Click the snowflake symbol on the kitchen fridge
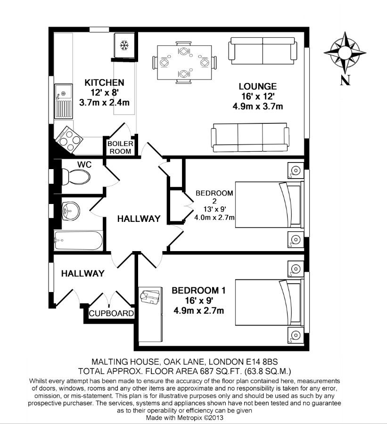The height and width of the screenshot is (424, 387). point(124,45)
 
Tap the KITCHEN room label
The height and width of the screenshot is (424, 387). point(105,82)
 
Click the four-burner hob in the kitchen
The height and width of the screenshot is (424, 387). point(69,140)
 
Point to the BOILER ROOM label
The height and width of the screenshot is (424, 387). point(120,147)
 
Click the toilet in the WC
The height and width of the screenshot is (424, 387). point(76,178)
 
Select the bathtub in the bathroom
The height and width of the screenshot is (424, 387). point(78,240)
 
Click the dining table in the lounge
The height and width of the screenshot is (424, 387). point(185,63)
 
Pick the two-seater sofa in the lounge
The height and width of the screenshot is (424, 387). point(262,51)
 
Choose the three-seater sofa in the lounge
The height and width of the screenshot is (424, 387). point(250,138)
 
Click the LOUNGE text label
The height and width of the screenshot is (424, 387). point(258,87)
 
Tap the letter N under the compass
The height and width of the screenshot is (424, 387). point(345,80)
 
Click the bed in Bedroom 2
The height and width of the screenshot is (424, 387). point(269,205)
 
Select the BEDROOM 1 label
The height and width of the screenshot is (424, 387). point(198,291)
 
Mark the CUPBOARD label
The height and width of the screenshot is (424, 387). point(112,313)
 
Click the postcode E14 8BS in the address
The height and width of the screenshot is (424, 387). point(262,362)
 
